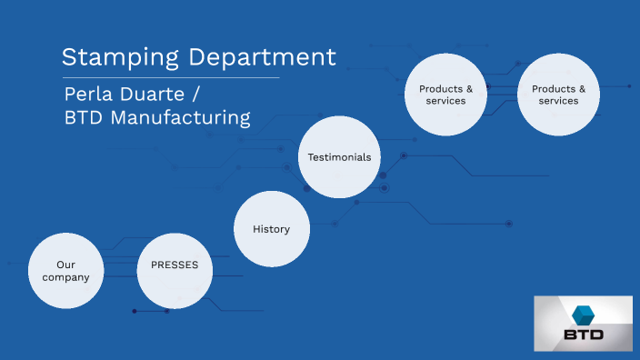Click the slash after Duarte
pos(208,95)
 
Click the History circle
pos(271,229)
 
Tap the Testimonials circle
pos(339,157)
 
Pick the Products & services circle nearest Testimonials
pos(445,95)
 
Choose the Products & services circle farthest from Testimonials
pos(558,95)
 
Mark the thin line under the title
pos(170,78)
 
